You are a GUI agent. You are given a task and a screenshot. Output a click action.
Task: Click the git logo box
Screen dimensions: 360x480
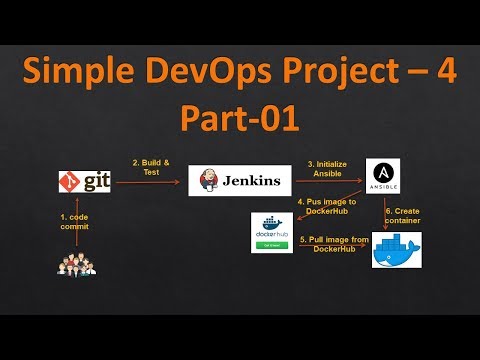84,182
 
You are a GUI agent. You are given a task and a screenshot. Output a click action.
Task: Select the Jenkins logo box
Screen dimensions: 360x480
241,181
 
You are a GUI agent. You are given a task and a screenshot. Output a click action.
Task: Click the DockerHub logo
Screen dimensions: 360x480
272,232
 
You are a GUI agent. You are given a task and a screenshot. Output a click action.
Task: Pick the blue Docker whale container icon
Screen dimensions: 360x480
396,250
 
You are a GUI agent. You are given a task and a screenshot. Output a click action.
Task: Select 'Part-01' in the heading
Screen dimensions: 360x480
239,118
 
